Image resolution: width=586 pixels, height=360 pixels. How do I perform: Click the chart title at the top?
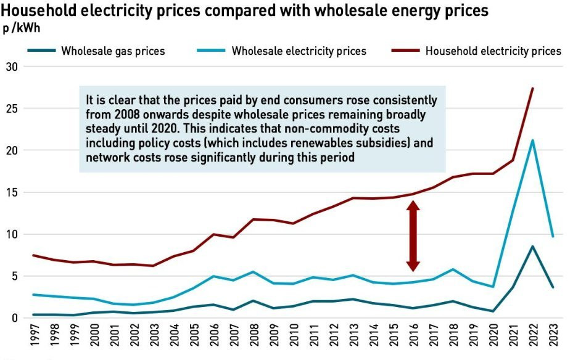[x=246, y=10]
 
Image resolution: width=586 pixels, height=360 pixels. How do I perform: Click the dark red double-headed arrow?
[x=413, y=235]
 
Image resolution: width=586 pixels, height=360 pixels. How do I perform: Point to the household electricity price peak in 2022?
[x=532, y=88]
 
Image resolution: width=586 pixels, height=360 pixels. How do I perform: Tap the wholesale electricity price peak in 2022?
[x=532, y=140]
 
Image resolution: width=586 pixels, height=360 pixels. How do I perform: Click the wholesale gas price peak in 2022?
[x=532, y=247]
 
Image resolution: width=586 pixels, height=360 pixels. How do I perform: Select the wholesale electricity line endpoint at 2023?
[x=553, y=236]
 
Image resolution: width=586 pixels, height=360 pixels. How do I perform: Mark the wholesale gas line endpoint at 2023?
[x=553, y=287]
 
